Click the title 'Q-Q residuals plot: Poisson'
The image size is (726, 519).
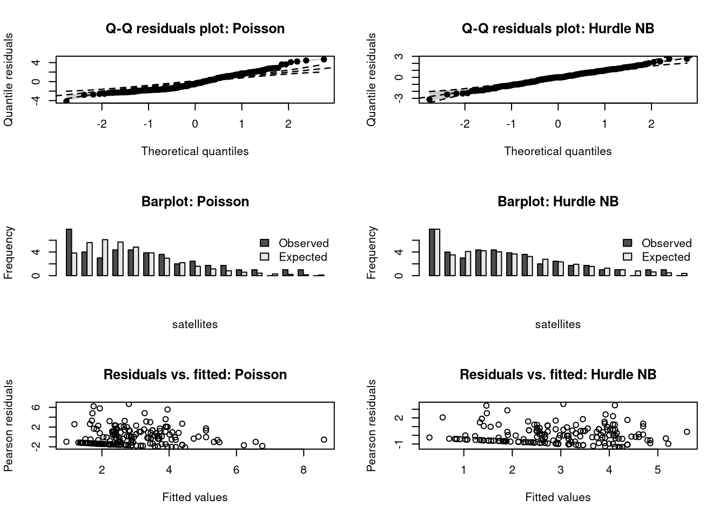click(195, 29)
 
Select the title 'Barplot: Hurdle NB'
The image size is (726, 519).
click(558, 202)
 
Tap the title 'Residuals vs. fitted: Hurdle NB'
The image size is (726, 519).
click(558, 374)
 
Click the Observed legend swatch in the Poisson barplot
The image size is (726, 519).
click(265, 243)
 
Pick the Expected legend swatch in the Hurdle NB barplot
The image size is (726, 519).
click(628, 257)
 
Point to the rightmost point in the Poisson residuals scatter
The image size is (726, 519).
click(324, 440)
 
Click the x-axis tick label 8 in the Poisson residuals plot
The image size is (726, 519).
click(304, 470)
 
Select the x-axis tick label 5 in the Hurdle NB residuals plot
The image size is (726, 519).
click(657, 470)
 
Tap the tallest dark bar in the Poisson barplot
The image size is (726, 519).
click(69, 252)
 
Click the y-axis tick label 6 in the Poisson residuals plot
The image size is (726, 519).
click(36, 407)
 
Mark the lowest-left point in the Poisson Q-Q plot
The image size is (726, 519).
click(66, 101)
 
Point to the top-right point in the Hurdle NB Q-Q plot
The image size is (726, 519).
click(687, 59)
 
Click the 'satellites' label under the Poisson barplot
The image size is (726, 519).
click(195, 324)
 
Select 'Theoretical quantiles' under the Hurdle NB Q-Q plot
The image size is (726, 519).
click(558, 151)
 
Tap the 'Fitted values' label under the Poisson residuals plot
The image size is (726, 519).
click(195, 497)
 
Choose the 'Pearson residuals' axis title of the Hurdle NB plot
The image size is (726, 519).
click(371, 425)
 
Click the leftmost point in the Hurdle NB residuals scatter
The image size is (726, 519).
click(429, 437)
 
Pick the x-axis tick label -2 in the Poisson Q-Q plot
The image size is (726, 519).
click(102, 124)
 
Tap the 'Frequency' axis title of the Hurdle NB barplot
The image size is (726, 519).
click(371, 252)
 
